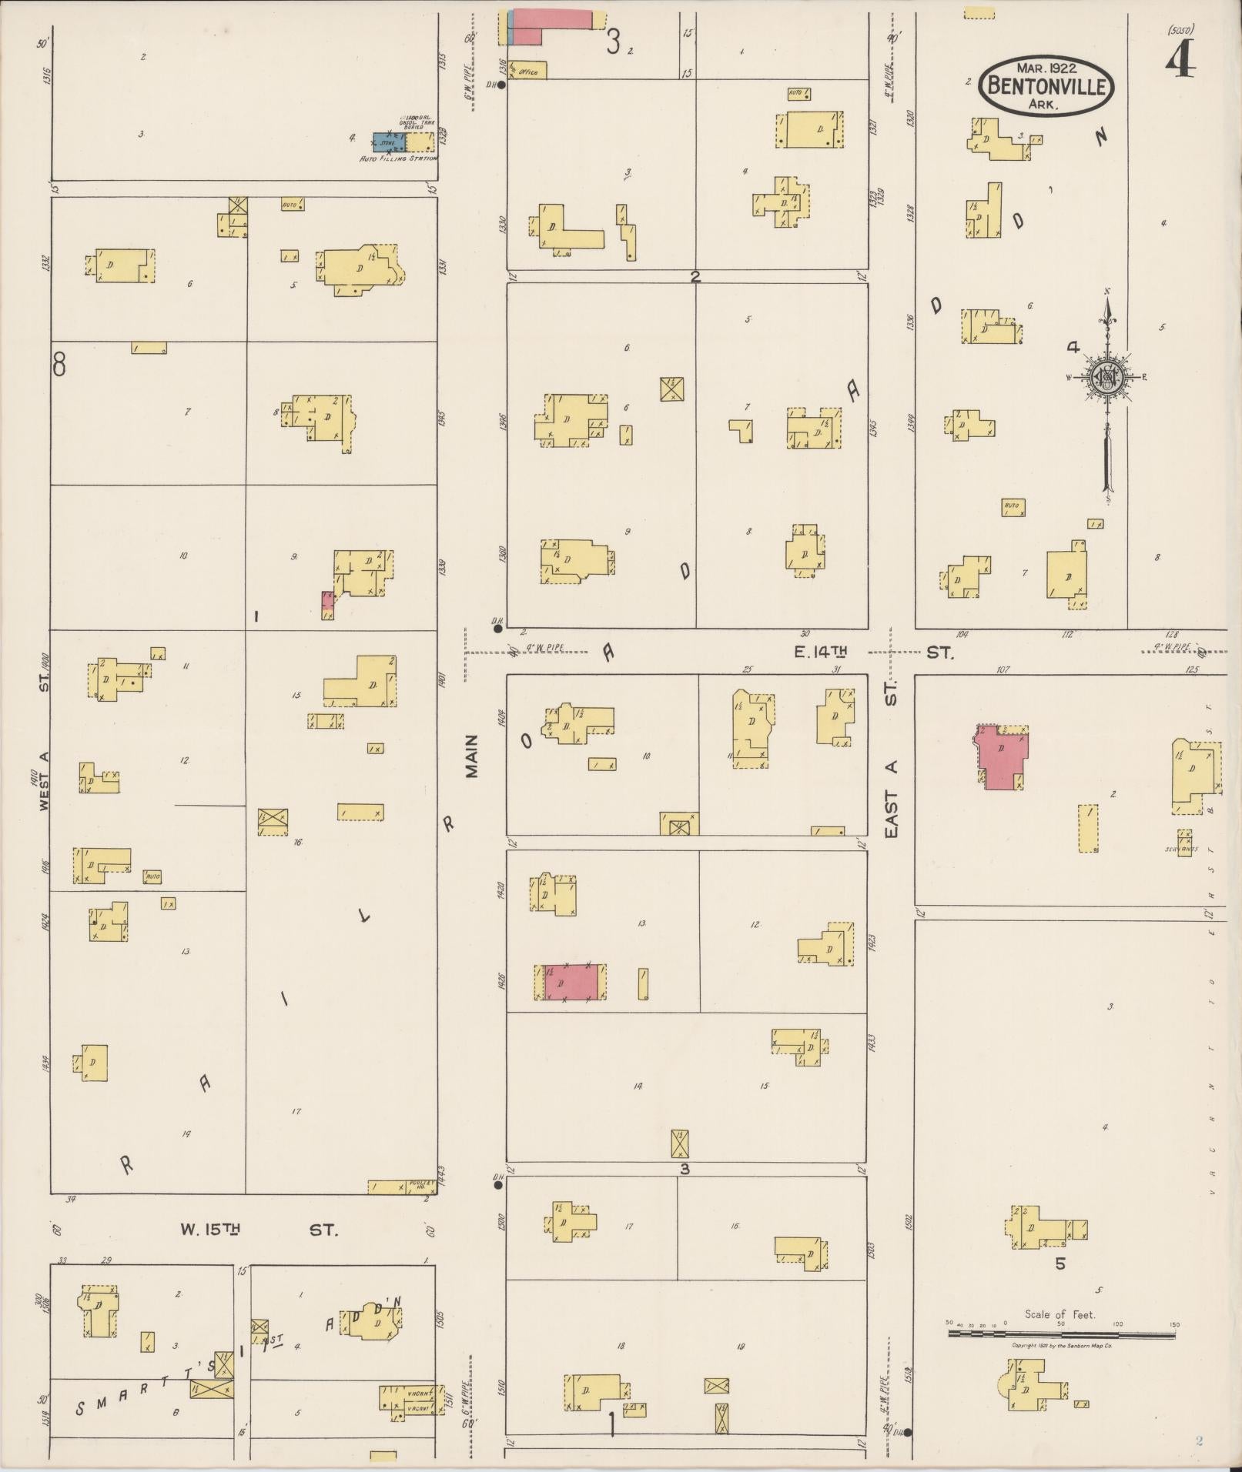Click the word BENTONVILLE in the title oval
point(1046,85)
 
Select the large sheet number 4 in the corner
point(1180,60)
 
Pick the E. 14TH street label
point(820,653)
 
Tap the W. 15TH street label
point(210,1230)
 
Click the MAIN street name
point(472,755)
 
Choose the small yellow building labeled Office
point(527,70)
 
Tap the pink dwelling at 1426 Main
point(571,983)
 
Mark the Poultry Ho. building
point(397,1187)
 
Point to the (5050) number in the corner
point(1180,31)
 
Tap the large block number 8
point(59,364)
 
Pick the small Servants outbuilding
point(1184,843)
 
